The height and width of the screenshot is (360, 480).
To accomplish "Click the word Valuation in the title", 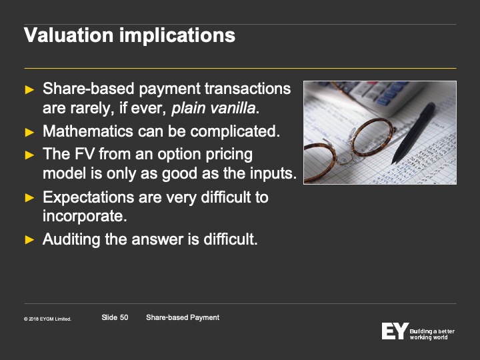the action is [69, 35].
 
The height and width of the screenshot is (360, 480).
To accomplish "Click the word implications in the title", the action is [177, 36].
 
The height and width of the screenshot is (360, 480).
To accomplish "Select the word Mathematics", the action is [88, 131].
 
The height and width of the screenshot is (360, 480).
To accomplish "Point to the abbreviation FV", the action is [85, 154].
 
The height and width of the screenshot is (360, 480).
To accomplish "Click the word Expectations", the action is [89, 197].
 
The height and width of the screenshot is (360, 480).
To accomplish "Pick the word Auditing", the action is [71, 239].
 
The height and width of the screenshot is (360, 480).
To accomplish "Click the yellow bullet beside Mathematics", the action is [29, 132].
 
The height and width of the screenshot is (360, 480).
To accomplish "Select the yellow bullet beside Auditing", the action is [29, 239].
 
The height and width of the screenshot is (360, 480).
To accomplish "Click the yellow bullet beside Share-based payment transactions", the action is [29, 90].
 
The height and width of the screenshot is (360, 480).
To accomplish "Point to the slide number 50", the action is [124, 317].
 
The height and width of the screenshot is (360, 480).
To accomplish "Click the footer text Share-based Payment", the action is [183, 317].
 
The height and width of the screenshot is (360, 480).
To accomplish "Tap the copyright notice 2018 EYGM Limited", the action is [47, 319].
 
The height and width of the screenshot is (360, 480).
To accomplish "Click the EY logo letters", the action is [395, 331].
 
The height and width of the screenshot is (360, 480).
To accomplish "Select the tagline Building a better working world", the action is [432, 334].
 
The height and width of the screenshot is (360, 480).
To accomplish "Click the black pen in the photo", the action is [413, 133].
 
